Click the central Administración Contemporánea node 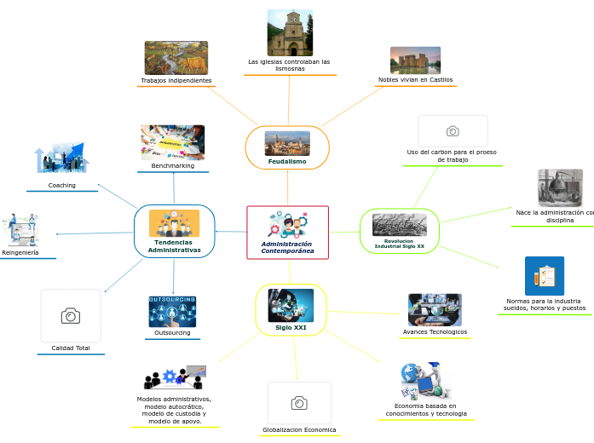pos(287,233)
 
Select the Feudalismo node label pos(287,161)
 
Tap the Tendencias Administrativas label pos(174,246)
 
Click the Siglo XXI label pos(291,327)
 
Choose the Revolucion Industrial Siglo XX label pos(399,244)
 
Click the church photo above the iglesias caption pos(290,32)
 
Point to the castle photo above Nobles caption pos(415,60)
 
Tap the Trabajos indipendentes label pos(176,80)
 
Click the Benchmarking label pos(173,165)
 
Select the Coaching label pos(61,185)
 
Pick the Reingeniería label pos(20,252)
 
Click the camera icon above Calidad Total pos(71,316)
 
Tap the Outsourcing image pos(172,311)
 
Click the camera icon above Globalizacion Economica pos(299,403)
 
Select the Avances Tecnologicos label pos(435,331)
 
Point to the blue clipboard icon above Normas pos(545,276)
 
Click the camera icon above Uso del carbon pos(453,131)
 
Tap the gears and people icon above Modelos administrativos pos(175,377)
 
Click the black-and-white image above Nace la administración pos(560,187)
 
